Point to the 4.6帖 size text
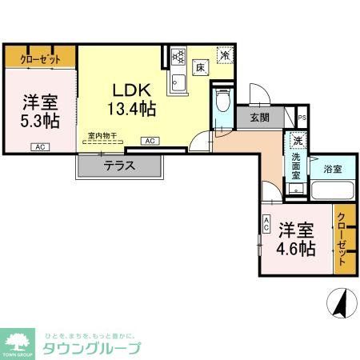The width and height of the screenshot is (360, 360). tap(296, 247)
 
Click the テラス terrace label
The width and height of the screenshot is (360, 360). tap(118, 166)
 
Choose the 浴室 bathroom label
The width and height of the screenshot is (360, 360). tap(333, 169)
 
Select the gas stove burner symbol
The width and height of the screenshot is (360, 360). tap(178, 58)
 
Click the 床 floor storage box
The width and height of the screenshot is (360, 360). tap(202, 68)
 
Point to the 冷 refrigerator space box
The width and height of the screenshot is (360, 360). tap(226, 55)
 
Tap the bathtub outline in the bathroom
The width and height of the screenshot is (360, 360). tap(332, 191)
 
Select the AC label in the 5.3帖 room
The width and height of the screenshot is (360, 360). tap(38, 146)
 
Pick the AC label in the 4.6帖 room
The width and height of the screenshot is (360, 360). tap(267, 226)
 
